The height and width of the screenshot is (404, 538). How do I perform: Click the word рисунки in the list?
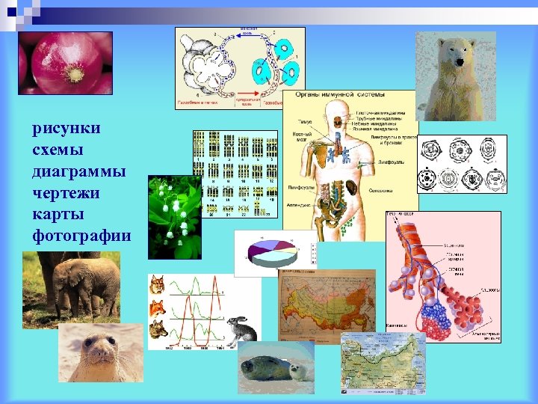(67, 129)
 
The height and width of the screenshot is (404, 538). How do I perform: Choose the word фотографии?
(81, 236)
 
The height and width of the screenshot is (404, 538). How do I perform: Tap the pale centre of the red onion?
(73, 74)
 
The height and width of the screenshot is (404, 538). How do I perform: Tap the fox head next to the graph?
(158, 306)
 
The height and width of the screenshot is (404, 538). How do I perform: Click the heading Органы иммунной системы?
(339, 95)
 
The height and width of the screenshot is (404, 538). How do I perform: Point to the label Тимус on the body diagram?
(305, 120)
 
